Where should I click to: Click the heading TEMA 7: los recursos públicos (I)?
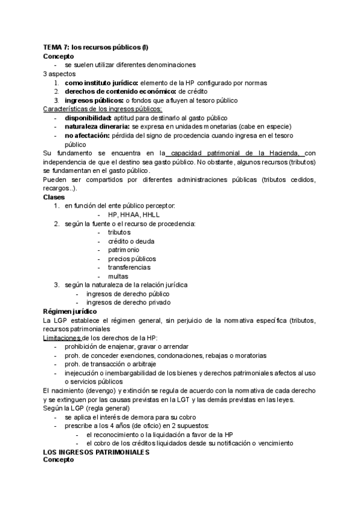click(x=95, y=47)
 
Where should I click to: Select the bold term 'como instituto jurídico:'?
click(x=101, y=83)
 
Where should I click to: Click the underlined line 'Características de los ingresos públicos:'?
click(x=103, y=109)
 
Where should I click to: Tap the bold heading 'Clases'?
click(x=53, y=197)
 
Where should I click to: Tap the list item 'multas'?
click(x=118, y=276)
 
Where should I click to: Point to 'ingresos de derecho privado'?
click(x=128, y=303)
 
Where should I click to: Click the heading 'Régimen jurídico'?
click(x=68, y=312)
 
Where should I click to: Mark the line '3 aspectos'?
click(x=59, y=74)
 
